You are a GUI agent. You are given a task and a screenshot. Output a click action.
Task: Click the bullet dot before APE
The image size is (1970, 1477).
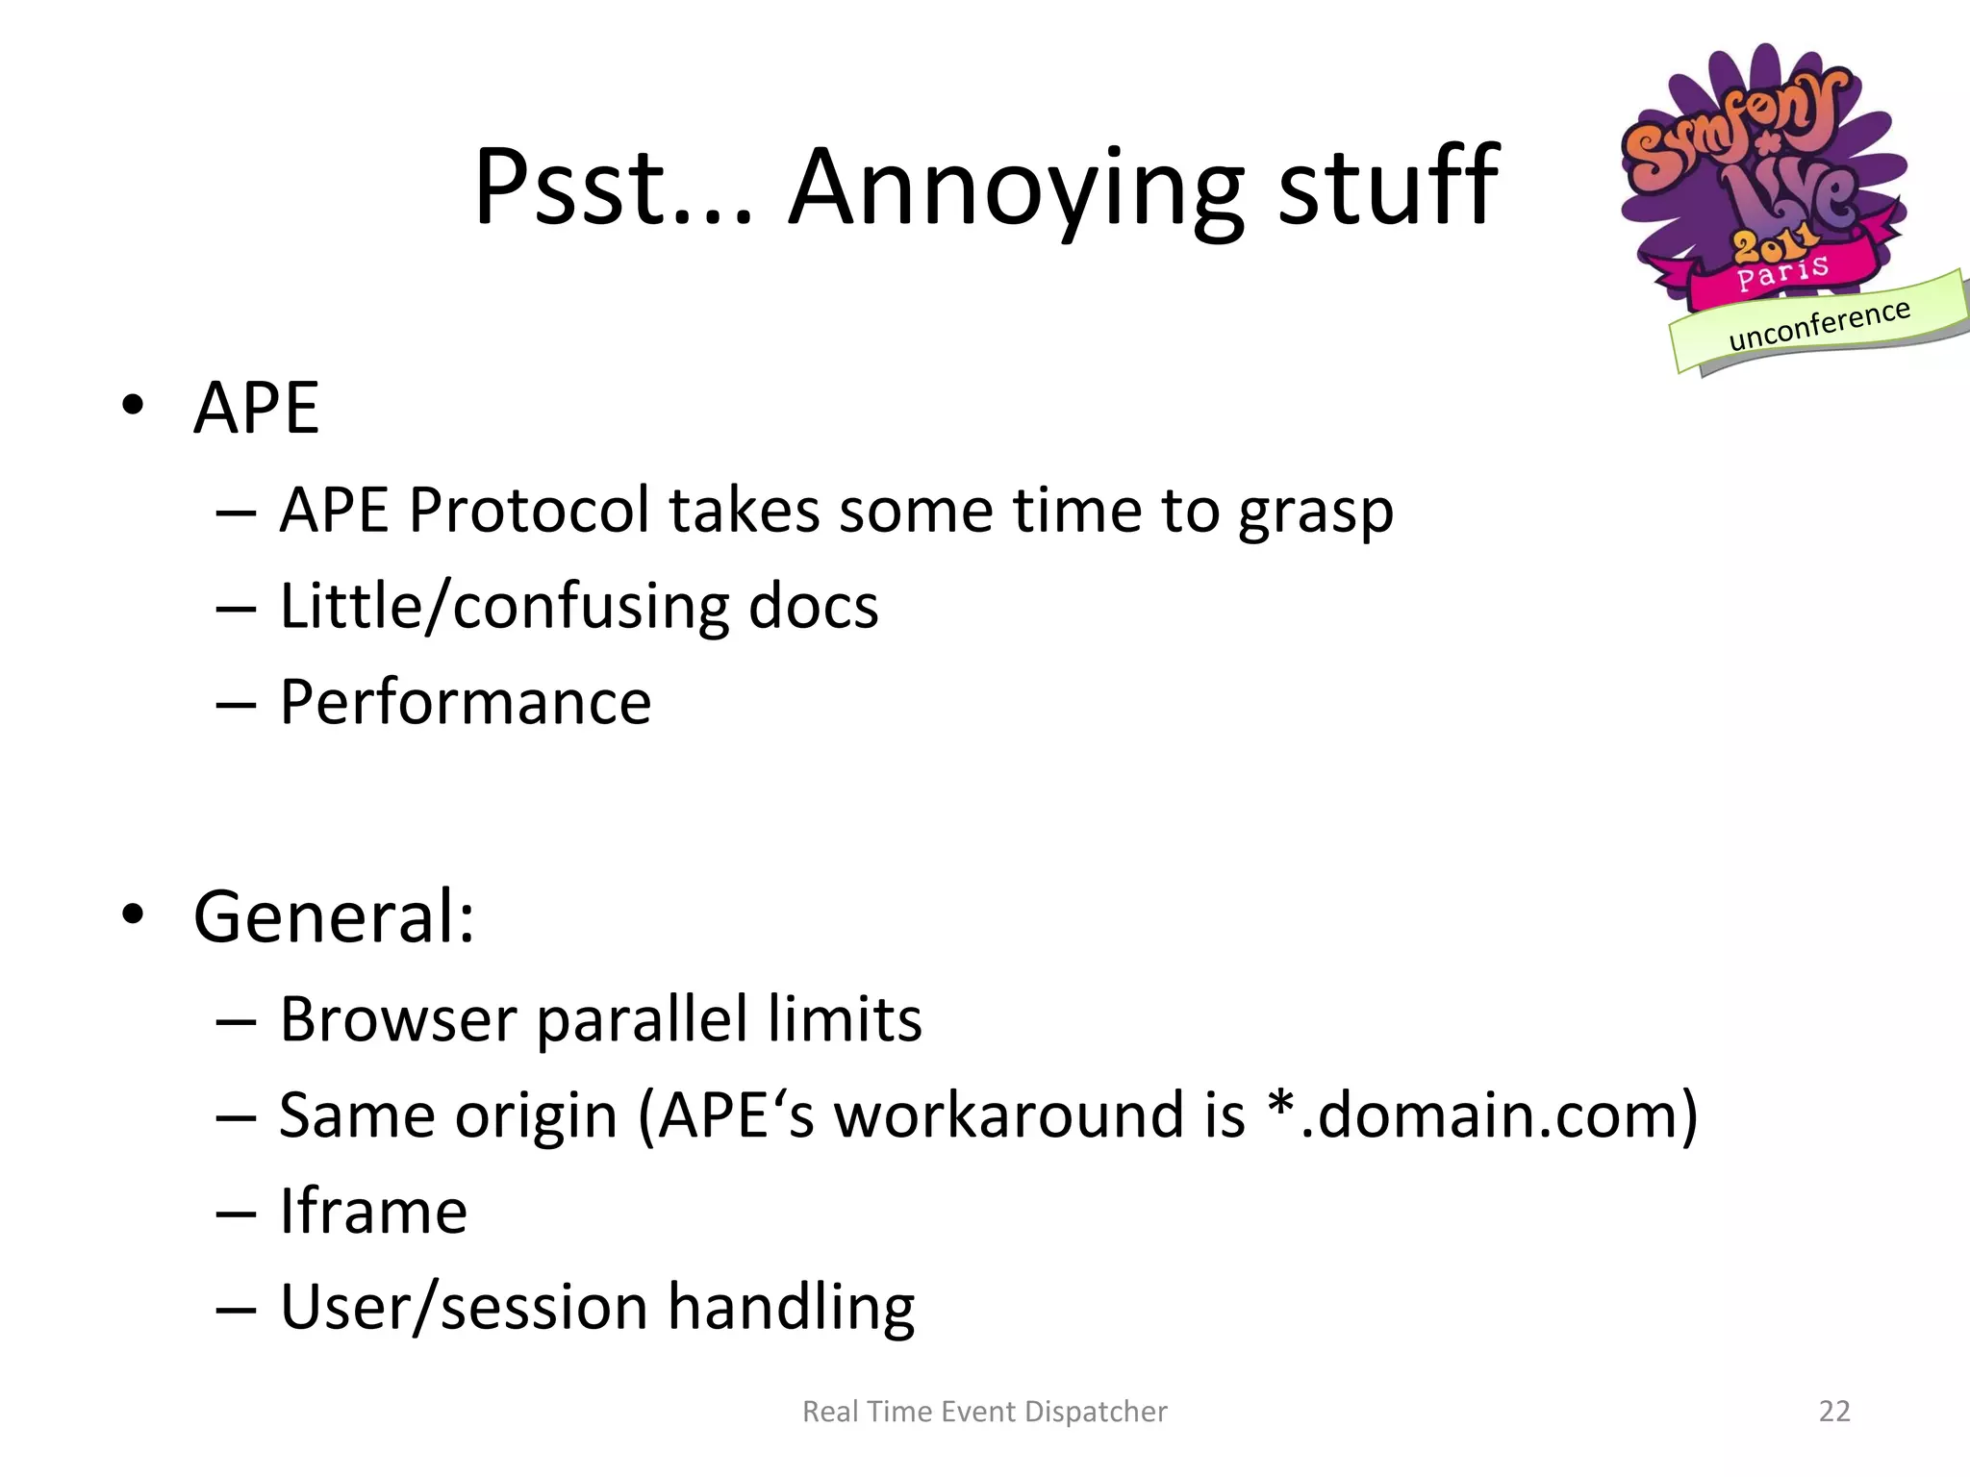[x=133, y=405]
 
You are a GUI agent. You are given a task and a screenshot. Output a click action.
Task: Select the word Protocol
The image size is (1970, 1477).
[x=529, y=510]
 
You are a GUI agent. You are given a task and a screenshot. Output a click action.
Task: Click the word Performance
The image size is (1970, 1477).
[x=466, y=702]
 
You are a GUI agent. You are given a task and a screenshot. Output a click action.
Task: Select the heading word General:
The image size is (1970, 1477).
[x=334, y=916]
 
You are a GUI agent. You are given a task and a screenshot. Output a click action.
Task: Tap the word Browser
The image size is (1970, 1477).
[x=398, y=1019]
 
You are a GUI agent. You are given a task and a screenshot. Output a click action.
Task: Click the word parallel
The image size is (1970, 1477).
[x=642, y=1019]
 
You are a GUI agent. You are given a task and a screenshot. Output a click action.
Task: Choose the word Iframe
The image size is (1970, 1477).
[x=373, y=1212]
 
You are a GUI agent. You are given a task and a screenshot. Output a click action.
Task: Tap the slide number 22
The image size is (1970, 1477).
[x=1834, y=1411]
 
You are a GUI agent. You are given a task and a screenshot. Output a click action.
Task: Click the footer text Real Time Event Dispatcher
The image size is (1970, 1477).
[x=984, y=1412]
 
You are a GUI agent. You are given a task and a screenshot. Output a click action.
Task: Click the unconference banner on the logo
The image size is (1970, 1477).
[x=1818, y=325]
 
